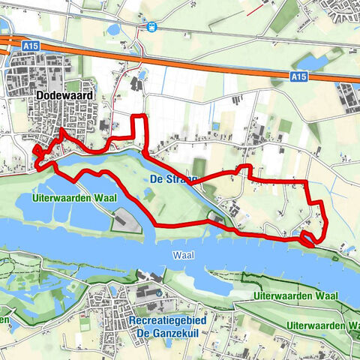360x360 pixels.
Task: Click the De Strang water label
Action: (172, 180)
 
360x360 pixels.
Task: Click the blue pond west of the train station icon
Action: (113, 29)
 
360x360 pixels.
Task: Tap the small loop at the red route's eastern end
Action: (307, 239)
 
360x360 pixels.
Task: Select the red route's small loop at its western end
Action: (37, 151)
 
